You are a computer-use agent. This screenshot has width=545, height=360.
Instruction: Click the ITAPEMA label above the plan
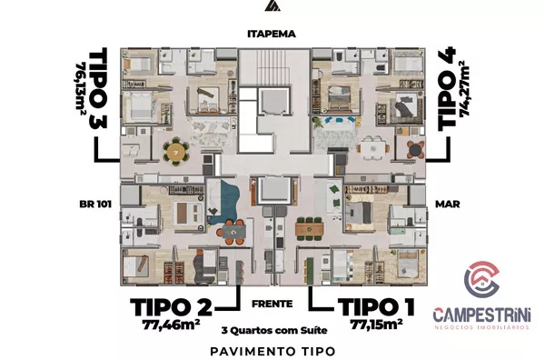pos(272,34)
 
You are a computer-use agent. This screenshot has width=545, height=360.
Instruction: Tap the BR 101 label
pos(95,204)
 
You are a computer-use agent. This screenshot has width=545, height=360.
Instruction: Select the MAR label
pos(448,204)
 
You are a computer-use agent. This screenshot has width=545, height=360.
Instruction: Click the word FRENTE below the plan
pos(272,304)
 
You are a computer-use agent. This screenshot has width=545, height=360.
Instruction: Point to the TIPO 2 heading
pos(171,307)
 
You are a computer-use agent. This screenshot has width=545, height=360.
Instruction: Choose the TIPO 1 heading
pos(376,307)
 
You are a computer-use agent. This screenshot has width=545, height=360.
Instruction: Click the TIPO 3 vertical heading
pos(98,88)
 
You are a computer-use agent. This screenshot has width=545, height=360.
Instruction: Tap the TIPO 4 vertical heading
pos(447,89)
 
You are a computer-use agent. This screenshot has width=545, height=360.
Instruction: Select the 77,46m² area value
pos(171,325)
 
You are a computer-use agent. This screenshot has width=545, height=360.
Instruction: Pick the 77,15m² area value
pos(376,325)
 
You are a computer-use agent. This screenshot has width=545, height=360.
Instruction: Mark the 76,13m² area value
pos(81,88)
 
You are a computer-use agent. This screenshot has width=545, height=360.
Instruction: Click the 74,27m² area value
pos(465,88)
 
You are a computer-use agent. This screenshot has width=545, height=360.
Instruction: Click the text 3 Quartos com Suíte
pos(274,330)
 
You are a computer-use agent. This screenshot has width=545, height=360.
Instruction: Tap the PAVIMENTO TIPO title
pos(272,351)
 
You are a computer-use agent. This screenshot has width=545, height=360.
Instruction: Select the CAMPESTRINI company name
pos(481,315)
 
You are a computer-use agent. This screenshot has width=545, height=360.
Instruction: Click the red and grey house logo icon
pos(481,277)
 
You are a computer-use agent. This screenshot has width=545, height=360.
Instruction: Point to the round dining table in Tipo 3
pos(176,151)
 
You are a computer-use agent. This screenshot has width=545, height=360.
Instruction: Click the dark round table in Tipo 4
pos(416,150)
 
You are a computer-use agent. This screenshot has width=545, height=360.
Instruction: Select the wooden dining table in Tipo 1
pos(310,229)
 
